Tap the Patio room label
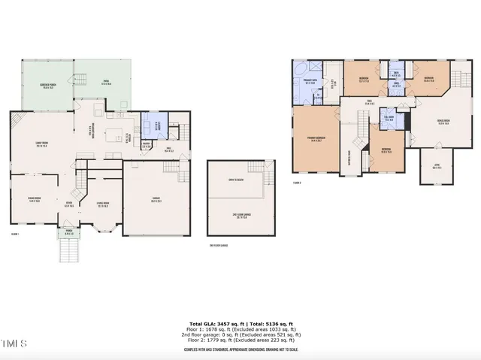[106, 82]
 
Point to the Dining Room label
[34, 198]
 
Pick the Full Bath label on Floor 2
[389, 118]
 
